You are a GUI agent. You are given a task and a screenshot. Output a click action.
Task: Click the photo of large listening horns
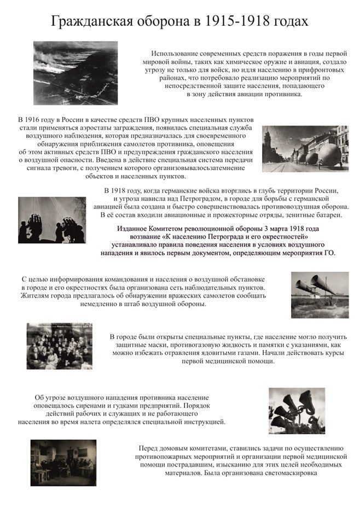coord(319,295)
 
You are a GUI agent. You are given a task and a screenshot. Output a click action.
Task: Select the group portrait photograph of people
coord(59,346)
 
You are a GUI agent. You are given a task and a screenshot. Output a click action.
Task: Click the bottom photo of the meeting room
coord(63,463)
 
